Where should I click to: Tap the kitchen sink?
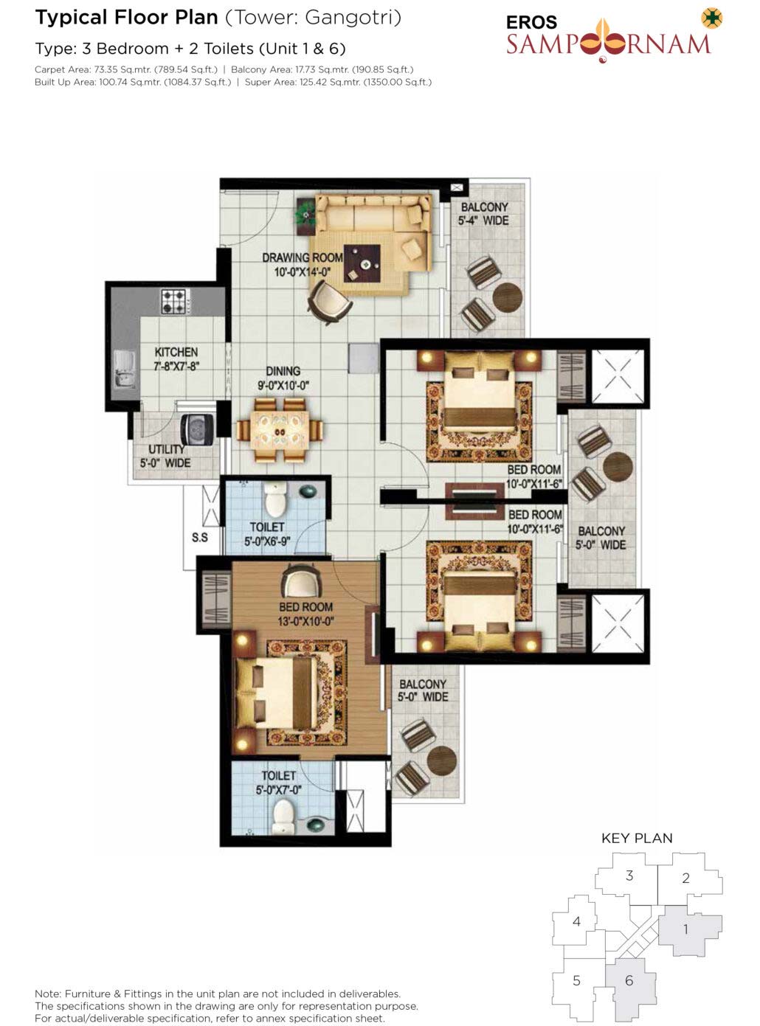pos(125,369)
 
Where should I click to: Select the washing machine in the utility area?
pos(197,430)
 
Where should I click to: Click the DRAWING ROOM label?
pos(303,257)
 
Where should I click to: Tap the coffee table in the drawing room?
pos(362,263)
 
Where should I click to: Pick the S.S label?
pos(199,538)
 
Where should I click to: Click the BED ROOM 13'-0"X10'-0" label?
pos(305,614)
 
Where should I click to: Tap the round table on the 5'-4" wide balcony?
pos(508,297)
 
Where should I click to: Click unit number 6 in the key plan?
pos(629,980)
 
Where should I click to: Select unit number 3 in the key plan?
pos(629,876)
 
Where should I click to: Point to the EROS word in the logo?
pos(531,22)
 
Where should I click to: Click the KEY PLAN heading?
pos(637,838)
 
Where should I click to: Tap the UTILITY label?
pos(166,449)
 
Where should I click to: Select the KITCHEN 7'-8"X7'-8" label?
pos(176,359)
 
